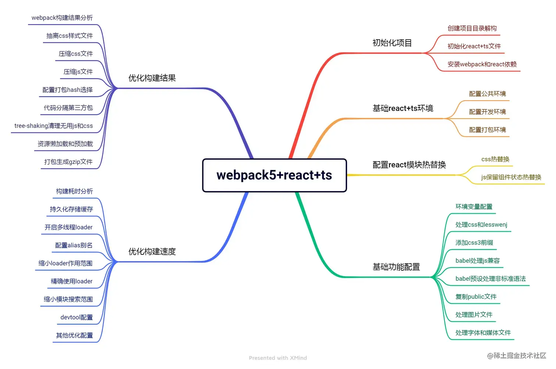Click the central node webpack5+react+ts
[274, 175]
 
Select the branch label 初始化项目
[392, 43]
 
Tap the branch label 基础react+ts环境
[403, 108]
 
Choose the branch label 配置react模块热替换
[409, 165]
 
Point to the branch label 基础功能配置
[396, 267]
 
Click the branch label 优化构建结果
[152, 78]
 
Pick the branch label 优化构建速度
[152, 252]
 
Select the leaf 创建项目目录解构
[472, 28]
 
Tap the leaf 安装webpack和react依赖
[482, 64]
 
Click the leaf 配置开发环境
[487, 112]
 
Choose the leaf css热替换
[495, 159]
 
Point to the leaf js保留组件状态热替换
[511, 177]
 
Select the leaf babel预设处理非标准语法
[490, 279]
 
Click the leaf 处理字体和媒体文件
[483, 333]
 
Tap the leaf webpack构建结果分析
[62, 18]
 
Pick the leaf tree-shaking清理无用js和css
[54, 126]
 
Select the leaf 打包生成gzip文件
[68, 162]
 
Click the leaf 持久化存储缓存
[71, 210]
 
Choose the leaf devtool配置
[76, 317]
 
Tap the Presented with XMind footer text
[278, 358]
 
